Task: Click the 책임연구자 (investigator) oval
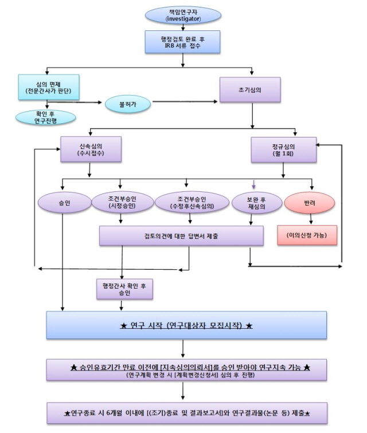pyautogui.click(x=182, y=15)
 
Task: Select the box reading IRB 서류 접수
pyautogui.click(x=182, y=42)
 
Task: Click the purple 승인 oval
pyautogui.click(x=64, y=203)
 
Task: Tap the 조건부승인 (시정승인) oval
pyautogui.click(x=122, y=202)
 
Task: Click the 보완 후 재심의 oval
pyautogui.click(x=256, y=202)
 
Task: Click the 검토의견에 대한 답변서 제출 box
pyautogui.click(x=181, y=235)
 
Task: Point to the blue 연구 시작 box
pyautogui.click(x=186, y=326)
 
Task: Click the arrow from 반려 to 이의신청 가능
pyautogui.click(x=311, y=219)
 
